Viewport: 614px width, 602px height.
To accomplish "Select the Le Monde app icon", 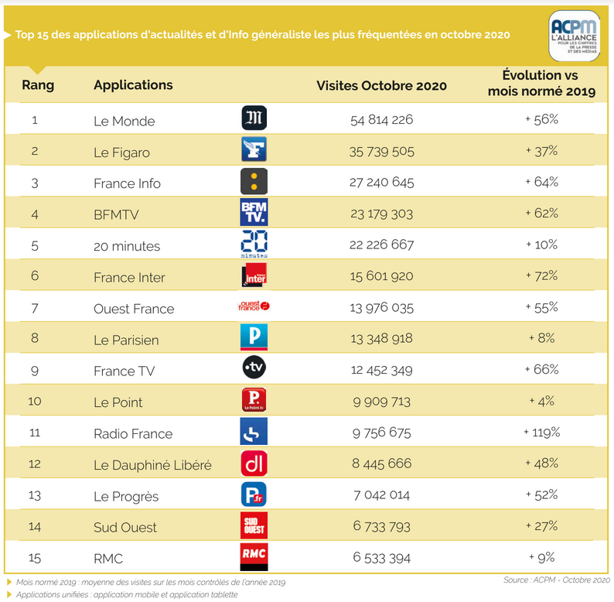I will pyautogui.click(x=254, y=118).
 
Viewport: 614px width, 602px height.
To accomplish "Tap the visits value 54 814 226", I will pyautogui.click(x=381, y=120).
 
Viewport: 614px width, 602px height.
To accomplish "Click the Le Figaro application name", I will pyautogui.click(x=121, y=152).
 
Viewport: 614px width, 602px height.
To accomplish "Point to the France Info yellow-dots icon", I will pyautogui.click(x=254, y=181).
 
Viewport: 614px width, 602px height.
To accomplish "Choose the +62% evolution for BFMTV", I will pyautogui.click(x=541, y=214).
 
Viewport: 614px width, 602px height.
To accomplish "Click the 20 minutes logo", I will pyautogui.click(x=254, y=244).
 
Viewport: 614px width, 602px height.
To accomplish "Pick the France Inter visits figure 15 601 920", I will pyautogui.click(x=381, y=276).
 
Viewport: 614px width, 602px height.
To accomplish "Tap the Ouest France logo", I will pyautogui.click(x=254, y=306).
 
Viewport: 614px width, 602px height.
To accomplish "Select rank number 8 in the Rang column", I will pyautogui.click(x=35, y=339).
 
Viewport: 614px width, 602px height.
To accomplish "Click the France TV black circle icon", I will pyautogui.click(x=254, y=369).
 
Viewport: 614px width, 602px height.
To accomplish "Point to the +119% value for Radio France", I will pyautogui.click(x=541, y=433).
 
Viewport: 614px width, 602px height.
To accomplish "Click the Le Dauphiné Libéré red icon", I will pyautogui.click(x=254, y=463).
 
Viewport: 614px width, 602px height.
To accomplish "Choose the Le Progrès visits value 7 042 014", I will pyautogui.click(x=381, y=495).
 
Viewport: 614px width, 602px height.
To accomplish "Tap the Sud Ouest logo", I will pyautogui.click(x=254, y=525).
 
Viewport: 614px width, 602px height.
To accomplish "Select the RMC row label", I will pyautogui.click(x=108, y=558).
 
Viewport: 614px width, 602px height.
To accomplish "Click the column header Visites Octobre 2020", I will pyautogui.click(x=381, y=85).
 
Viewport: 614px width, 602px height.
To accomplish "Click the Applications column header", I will pyautogui.click(x=133, y=84).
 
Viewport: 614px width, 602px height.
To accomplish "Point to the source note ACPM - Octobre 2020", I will pyautogui.click(x=557, y=579).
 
